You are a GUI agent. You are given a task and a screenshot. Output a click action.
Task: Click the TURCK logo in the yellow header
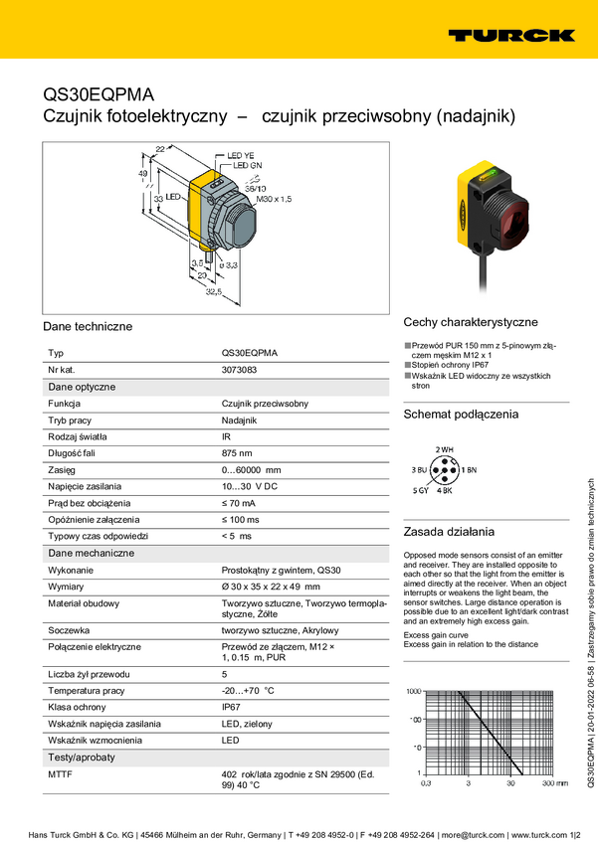click(x=510, y=35)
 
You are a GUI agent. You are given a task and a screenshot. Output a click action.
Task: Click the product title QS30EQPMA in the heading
click(x=99, y=94)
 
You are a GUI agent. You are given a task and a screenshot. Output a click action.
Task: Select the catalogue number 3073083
click(x=239, y=370)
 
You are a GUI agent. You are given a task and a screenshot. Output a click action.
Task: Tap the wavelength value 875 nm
click(x=239, y=453)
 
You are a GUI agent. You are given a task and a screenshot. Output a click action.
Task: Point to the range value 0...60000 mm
click(x=251, y=470)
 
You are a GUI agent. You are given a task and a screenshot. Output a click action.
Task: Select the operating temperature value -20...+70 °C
click(x=248, y=690)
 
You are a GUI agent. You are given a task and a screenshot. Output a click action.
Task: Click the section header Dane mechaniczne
click(x=91, y=553)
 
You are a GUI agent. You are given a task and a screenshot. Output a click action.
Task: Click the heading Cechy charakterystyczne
click(x=471, y=322)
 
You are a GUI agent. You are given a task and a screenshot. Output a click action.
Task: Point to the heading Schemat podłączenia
click(x=461, y=415)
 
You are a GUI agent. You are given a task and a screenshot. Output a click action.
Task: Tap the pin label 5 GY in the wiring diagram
click(x=421, y=491)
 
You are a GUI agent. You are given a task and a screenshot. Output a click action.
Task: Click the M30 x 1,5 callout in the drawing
click(x=274, y=200)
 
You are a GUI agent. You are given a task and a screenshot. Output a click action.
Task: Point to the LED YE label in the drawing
click(x=241, y=156)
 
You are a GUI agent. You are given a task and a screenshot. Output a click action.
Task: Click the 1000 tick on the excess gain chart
click(x=414, y=690)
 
